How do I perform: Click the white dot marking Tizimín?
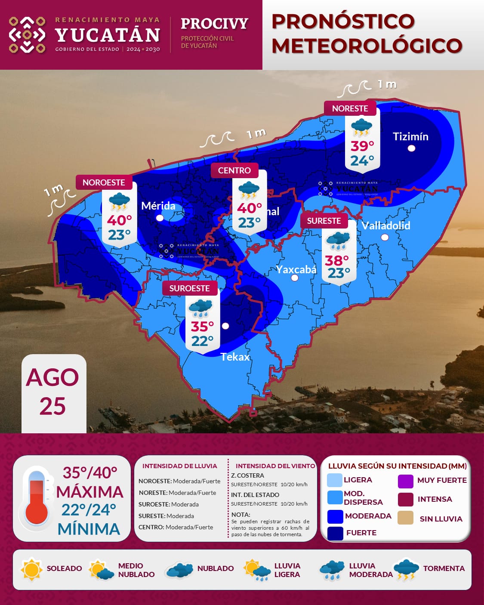(x=411, y=148)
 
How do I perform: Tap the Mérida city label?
(x=158, y=206)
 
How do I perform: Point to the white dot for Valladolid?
(x=385, y=237)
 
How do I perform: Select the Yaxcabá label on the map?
(x=296, y=270)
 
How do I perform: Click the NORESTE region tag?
(x=350, y=108)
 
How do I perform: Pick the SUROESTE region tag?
(x=189, y=288)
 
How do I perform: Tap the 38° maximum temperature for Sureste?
(x=337, y=260)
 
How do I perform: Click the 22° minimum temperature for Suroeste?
(x=202, y=341)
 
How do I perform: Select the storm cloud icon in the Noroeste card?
(x=119, y=202)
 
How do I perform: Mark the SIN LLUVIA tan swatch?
(x=405, y=518)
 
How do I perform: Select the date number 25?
(x=52, y=406)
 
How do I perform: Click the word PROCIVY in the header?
(x=214, y=23)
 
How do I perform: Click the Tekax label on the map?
(x=235, y=357)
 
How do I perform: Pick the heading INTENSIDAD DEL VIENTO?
(x=275, y=466)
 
